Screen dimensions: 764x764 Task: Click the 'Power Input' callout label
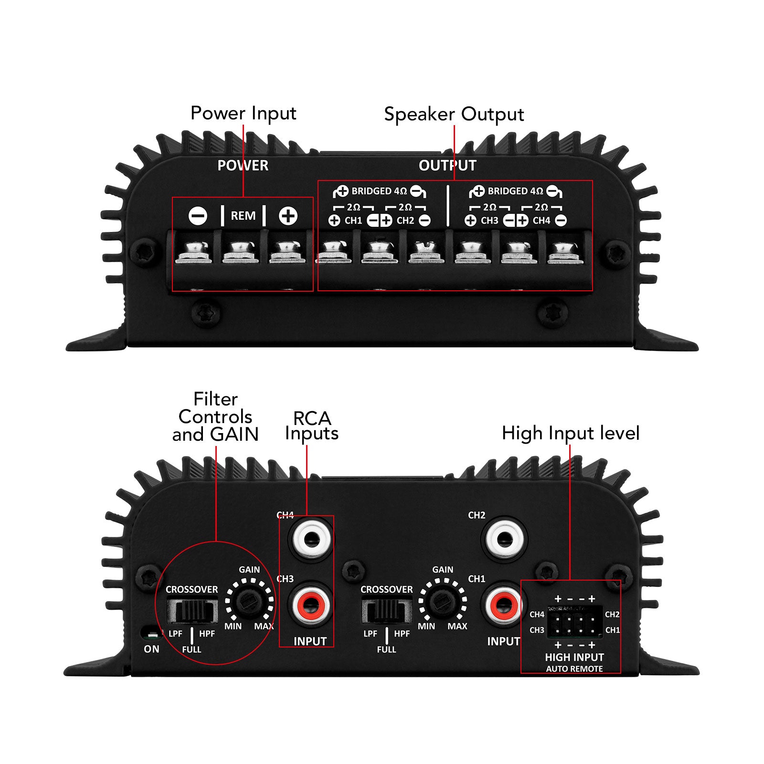click(x=243, y=114)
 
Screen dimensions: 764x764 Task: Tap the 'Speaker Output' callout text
click(x=454, y=115)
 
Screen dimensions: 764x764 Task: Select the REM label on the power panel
click(x=243, y=216)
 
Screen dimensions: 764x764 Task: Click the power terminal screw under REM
click(x=241, y=251)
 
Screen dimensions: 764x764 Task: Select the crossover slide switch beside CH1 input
click(x=386, y=611)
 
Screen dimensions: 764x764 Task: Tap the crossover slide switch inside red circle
click(x=192, y=611)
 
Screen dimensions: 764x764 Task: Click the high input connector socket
click(x=574, y=622)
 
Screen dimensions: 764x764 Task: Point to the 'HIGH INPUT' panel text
click(x=574, y=658)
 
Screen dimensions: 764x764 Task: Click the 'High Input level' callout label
click(x=570, y=434)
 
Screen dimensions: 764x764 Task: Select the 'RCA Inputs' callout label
click(x=312, y=426)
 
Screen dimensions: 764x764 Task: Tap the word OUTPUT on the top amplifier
click(x=447, y=166)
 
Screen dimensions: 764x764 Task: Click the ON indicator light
click(x=151, y=635)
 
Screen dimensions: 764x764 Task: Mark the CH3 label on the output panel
click(x=489, y=221)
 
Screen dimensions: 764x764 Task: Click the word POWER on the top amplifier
click(x=243, y=166)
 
